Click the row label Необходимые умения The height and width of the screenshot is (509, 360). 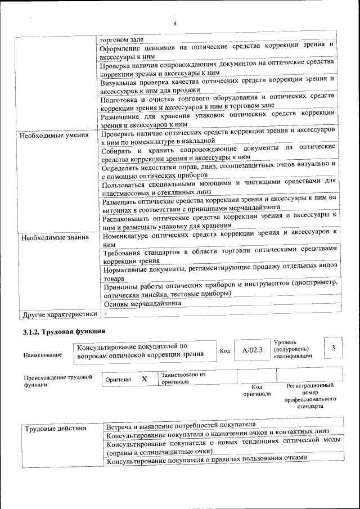point(54,136)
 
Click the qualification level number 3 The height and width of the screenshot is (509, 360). point(333,349)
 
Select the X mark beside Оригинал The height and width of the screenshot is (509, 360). point(144,379)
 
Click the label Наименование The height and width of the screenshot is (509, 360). point(43,355)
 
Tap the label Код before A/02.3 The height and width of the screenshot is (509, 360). point(224,351)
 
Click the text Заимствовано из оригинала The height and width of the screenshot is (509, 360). point(183,377)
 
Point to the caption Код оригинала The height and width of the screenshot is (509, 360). point(256,390)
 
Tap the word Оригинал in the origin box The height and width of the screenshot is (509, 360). point(118,380)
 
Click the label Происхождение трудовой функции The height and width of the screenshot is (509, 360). point(57,381)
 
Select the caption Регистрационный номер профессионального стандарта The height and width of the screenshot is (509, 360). point(309,395)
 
